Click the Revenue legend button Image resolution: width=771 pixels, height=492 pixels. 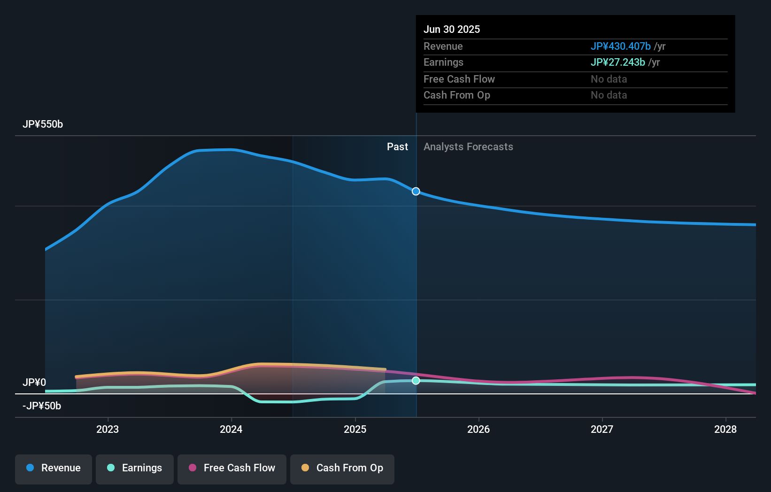click(54, 468)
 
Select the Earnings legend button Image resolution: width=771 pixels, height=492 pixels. click(135, 468)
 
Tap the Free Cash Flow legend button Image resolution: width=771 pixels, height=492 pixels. click(232, 468)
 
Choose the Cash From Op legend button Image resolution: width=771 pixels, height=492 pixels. click(342, 468)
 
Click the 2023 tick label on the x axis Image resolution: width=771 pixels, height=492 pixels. click(108, 429)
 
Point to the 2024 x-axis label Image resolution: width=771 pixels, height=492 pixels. click(231, 429)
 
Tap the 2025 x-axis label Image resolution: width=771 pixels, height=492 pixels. click(355, 429)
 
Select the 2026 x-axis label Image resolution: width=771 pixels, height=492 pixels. click(478, 429)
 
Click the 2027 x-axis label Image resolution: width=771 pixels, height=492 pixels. click(602, 429)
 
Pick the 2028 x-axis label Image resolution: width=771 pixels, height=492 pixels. click(725, 429)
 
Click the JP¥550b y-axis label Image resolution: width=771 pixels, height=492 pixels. click(43, 124)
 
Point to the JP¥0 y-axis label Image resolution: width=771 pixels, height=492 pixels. click(34, 383)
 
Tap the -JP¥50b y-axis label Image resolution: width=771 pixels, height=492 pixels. click(42, 406)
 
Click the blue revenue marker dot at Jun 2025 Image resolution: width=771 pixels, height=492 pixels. click(416, 192)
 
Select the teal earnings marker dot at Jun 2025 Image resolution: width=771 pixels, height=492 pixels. click(416, 381)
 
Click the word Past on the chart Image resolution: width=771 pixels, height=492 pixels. click(397, 147)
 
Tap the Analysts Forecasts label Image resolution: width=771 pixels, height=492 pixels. click(468, 147)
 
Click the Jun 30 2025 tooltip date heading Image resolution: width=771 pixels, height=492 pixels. click(452, 30)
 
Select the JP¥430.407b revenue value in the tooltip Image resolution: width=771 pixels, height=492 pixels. click(620, 46)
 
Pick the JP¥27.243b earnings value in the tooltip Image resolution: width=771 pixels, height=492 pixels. click(617, 62)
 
